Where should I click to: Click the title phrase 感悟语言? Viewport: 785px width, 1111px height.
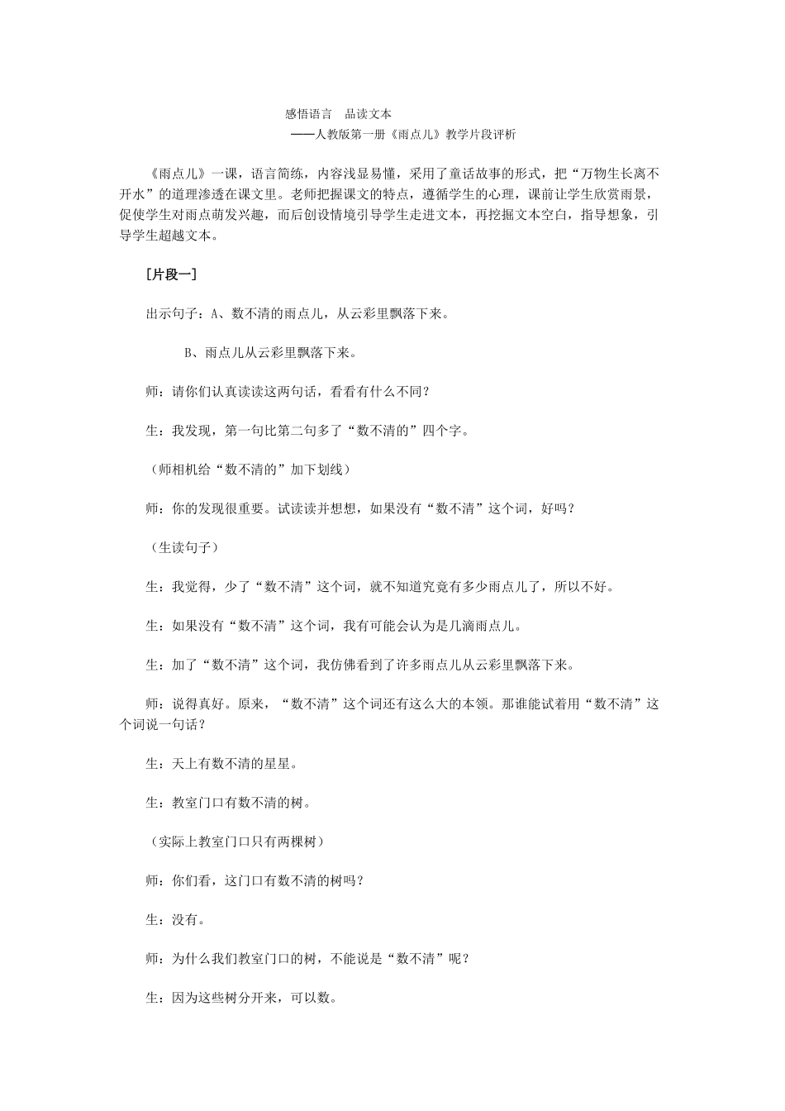(308, 114)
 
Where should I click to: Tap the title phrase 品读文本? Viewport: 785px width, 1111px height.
(369, 114)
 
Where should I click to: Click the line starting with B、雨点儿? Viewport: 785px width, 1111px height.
(271, 353)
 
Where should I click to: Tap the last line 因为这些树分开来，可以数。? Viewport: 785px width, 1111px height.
(241, 998)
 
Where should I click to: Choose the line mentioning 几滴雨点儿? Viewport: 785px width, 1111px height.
(334, 626)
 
